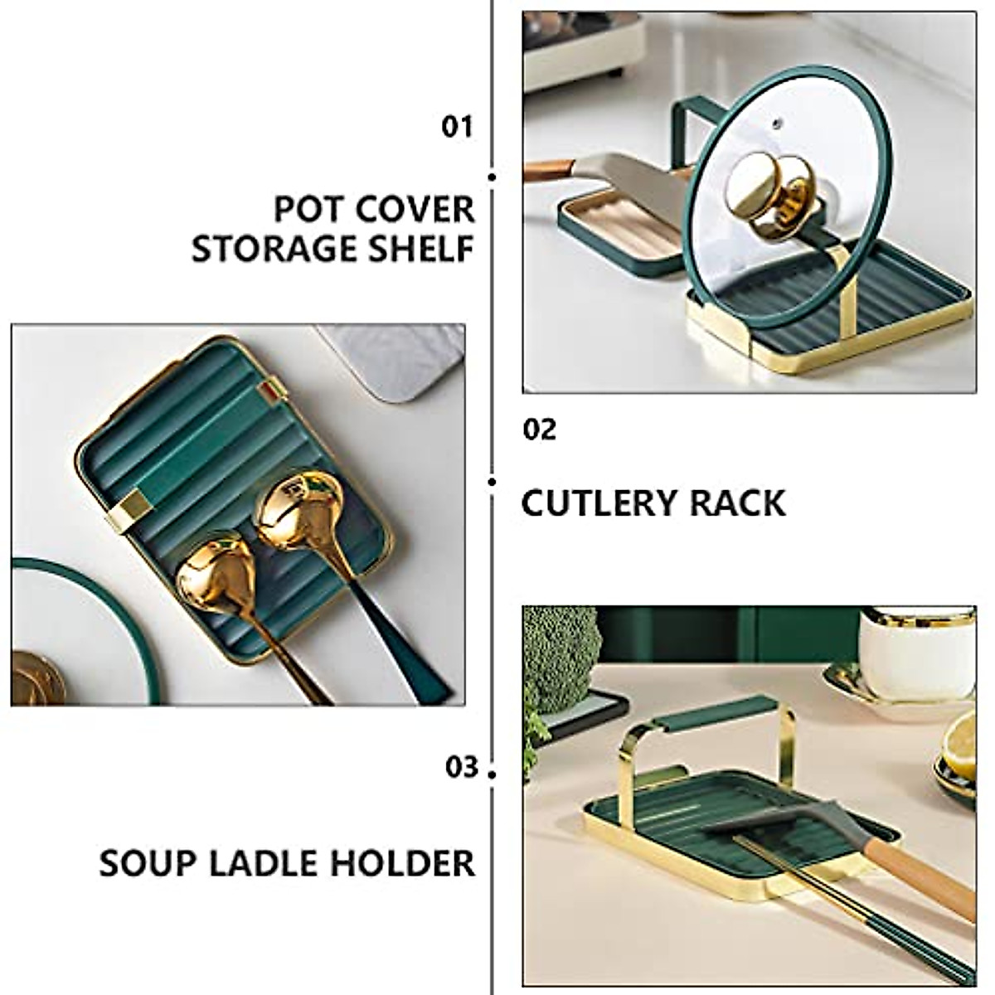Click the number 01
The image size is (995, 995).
pos(456,127)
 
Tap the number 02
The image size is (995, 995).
pos(540,430)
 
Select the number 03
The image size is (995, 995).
pos(462,767)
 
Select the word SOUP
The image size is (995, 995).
pos(145,863)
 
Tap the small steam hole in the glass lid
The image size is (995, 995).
pos(777,124)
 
